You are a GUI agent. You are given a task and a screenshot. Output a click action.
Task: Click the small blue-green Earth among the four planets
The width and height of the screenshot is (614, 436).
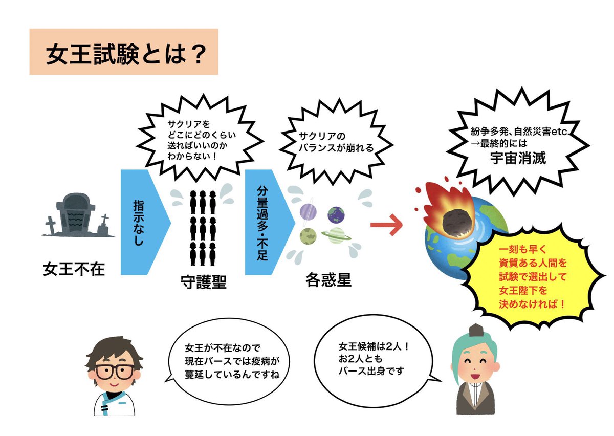tap(336, 213)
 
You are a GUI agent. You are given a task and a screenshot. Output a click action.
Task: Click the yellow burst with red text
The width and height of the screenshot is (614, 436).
tap(535, 276)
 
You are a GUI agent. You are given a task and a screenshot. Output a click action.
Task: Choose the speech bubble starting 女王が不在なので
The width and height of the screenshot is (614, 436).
tap(230, 361)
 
